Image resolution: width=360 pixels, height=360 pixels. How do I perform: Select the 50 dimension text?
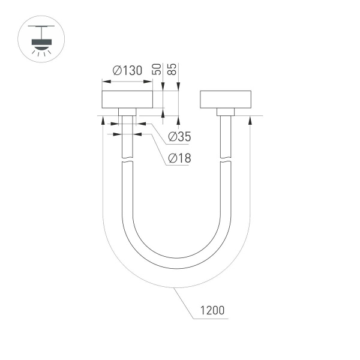point(157,68)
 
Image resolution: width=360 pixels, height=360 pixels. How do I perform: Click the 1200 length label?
point(213,310)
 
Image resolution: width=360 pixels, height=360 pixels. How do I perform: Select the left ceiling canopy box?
point(127,100)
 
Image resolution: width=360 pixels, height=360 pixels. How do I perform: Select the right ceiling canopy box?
point(225,100)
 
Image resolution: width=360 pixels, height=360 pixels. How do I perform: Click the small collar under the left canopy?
point(127,112)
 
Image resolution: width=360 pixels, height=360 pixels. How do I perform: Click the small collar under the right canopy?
point(225,112)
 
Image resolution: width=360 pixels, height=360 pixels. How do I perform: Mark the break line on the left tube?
point(127,160)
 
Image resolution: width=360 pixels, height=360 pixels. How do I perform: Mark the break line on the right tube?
point(225,160)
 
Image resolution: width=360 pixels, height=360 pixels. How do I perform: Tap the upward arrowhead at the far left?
point(103,120)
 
